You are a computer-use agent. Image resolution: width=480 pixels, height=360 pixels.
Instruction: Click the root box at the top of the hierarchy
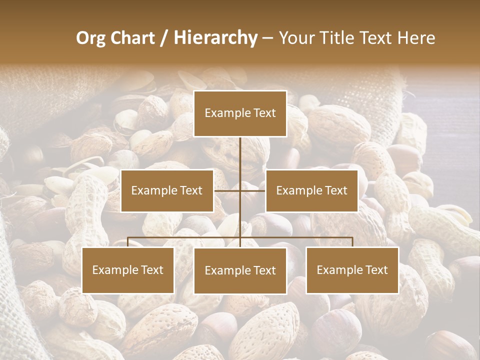[240, 113]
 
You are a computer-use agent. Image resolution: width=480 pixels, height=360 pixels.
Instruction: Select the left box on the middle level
[167, 190]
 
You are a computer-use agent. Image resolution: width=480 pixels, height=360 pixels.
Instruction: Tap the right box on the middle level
[311, 190]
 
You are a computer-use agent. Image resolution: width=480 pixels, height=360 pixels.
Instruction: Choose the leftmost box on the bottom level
[128, 270]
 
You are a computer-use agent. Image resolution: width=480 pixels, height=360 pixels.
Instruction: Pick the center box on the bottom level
[240, 270]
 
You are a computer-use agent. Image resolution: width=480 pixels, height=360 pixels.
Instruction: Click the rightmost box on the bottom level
[352, 270]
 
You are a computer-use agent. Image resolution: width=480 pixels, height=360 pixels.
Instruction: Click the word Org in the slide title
[90, 38]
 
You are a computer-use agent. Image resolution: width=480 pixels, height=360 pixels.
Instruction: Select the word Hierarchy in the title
[215, 38]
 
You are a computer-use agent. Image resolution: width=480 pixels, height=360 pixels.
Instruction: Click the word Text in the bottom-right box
[375, 270]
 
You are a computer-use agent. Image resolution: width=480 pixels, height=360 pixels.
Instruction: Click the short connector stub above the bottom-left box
[128, 242]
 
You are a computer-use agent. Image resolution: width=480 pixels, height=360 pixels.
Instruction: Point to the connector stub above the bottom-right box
[352, 242]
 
